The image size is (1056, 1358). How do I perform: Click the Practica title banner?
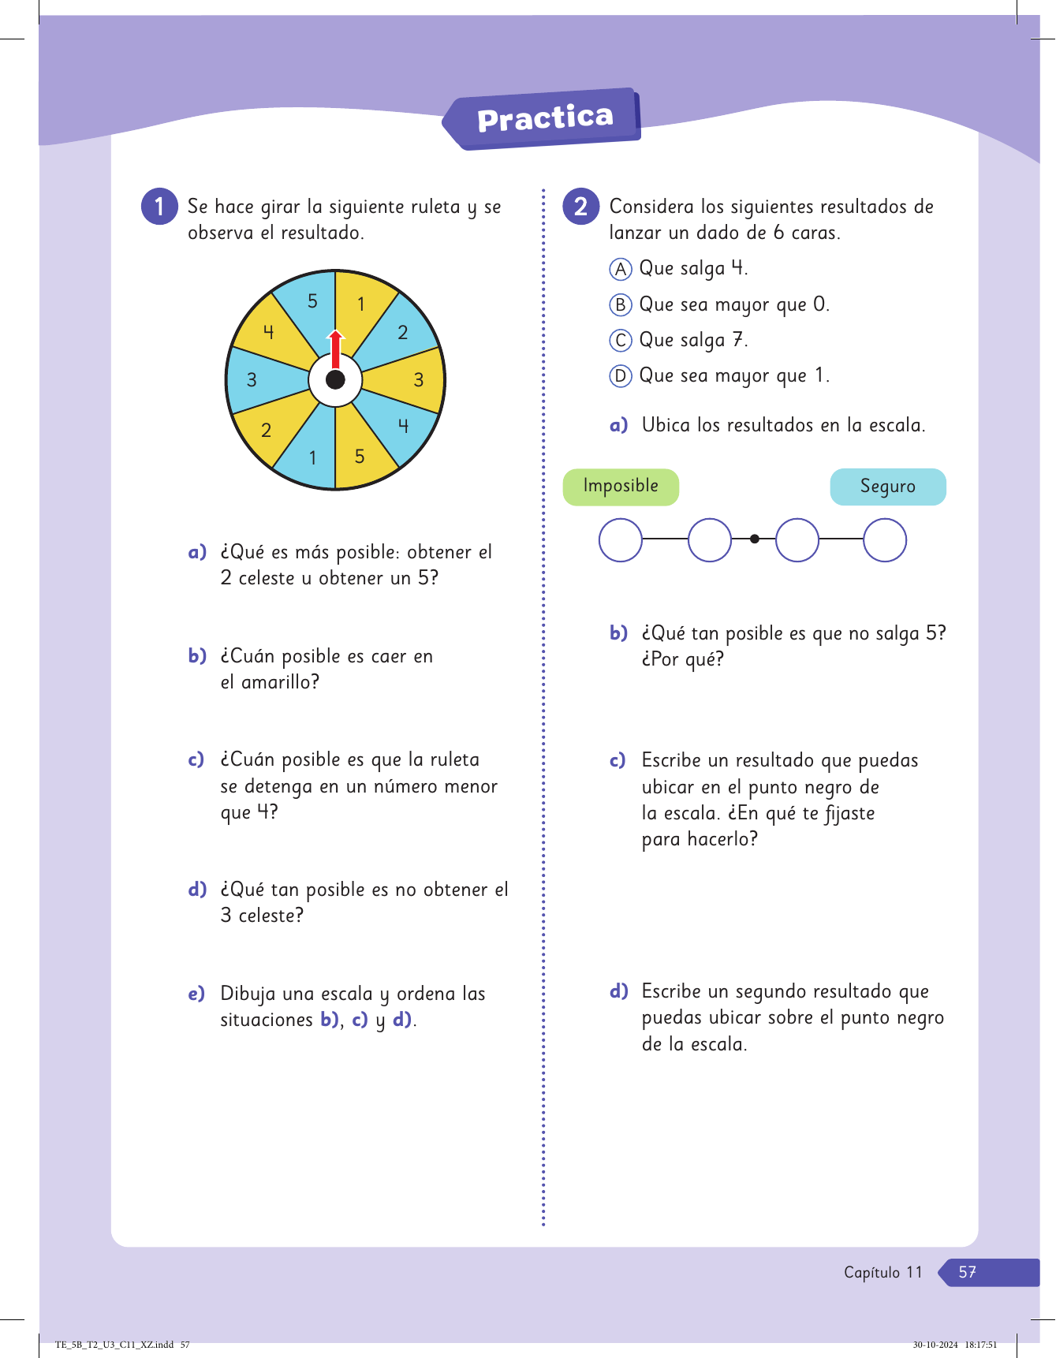[544, 118]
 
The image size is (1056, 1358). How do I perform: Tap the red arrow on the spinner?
[336, 349]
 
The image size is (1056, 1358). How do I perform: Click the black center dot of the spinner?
[335, 380]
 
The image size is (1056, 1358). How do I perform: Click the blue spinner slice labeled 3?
[254, 379]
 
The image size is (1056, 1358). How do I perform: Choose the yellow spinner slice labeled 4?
[270, 332]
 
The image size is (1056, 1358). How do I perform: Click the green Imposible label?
[621, 487]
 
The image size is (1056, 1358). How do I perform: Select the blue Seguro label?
[888, 487]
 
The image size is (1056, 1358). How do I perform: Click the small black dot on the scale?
[755, 539]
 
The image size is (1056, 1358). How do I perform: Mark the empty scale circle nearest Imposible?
[621, 540]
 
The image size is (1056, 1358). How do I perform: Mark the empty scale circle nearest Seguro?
[885, 540]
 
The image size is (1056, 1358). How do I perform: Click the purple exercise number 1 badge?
[159, 207]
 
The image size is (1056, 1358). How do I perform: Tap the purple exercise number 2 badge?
[581, 207]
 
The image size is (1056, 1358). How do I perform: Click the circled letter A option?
[621, 269]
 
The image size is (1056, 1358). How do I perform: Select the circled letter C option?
[621, 341]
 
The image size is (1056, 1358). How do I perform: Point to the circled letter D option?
[621, 376]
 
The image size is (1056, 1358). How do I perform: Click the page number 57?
[968, 1272]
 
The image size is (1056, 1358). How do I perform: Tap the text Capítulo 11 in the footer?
[882, 1272]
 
